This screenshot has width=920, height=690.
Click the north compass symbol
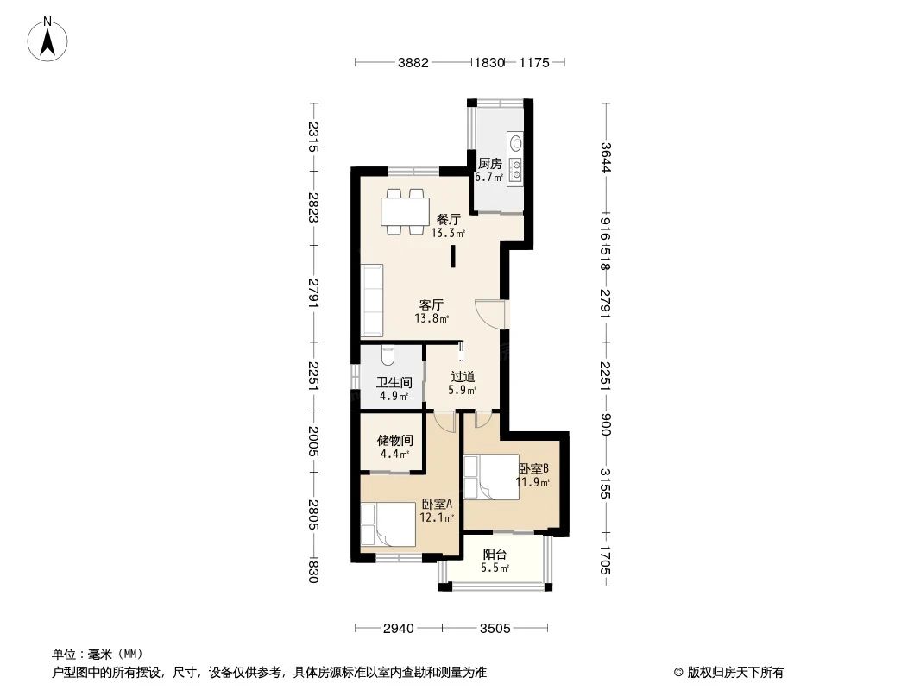[x=49, y=38]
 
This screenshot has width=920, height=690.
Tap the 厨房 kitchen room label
[x=489, y=163]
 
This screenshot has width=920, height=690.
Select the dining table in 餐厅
[x=406, y=210]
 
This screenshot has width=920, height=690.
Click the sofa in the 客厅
[x=373, y=300]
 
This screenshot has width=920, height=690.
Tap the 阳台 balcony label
[x=495, y=555]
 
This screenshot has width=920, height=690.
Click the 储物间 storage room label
[x=394, y=440]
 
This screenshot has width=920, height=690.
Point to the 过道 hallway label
[x=463, y=377]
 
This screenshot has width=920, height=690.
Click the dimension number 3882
[x=413, y=62]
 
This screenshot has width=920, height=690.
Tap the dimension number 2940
[x=400, y=627]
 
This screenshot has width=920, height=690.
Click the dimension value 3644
[x=606, y=158]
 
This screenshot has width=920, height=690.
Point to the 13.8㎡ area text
[x=432, y=318]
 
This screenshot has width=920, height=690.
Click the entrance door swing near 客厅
[x=489, y=313]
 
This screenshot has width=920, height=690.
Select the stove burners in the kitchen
[x=516, y=170]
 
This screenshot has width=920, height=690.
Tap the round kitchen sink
[x=516, y=143]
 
